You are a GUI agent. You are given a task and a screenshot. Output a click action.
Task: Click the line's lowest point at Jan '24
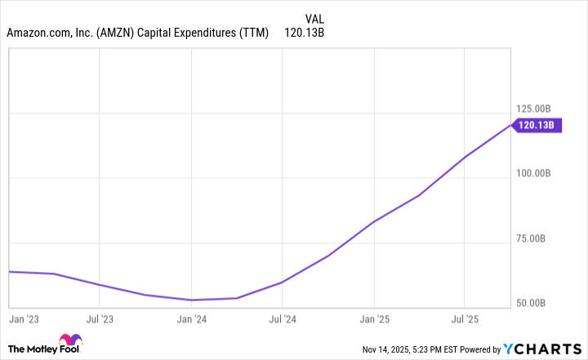(190, 300)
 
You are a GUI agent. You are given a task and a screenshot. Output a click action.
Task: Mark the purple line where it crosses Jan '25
(374, 221)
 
